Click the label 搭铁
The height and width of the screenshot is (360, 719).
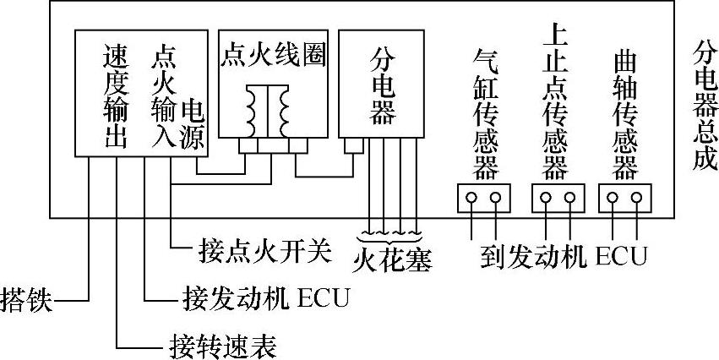coord(25,301)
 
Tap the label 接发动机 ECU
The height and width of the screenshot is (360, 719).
coord(265,299)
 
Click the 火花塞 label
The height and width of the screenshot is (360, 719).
coord(392,259)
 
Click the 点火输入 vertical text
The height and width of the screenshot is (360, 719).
coord(162,95)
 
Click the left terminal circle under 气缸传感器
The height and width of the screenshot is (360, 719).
coord(471,199)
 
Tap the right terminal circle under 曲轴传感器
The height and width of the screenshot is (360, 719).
coord(636,199)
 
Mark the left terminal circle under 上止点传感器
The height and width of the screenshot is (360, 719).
coord(546,199)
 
